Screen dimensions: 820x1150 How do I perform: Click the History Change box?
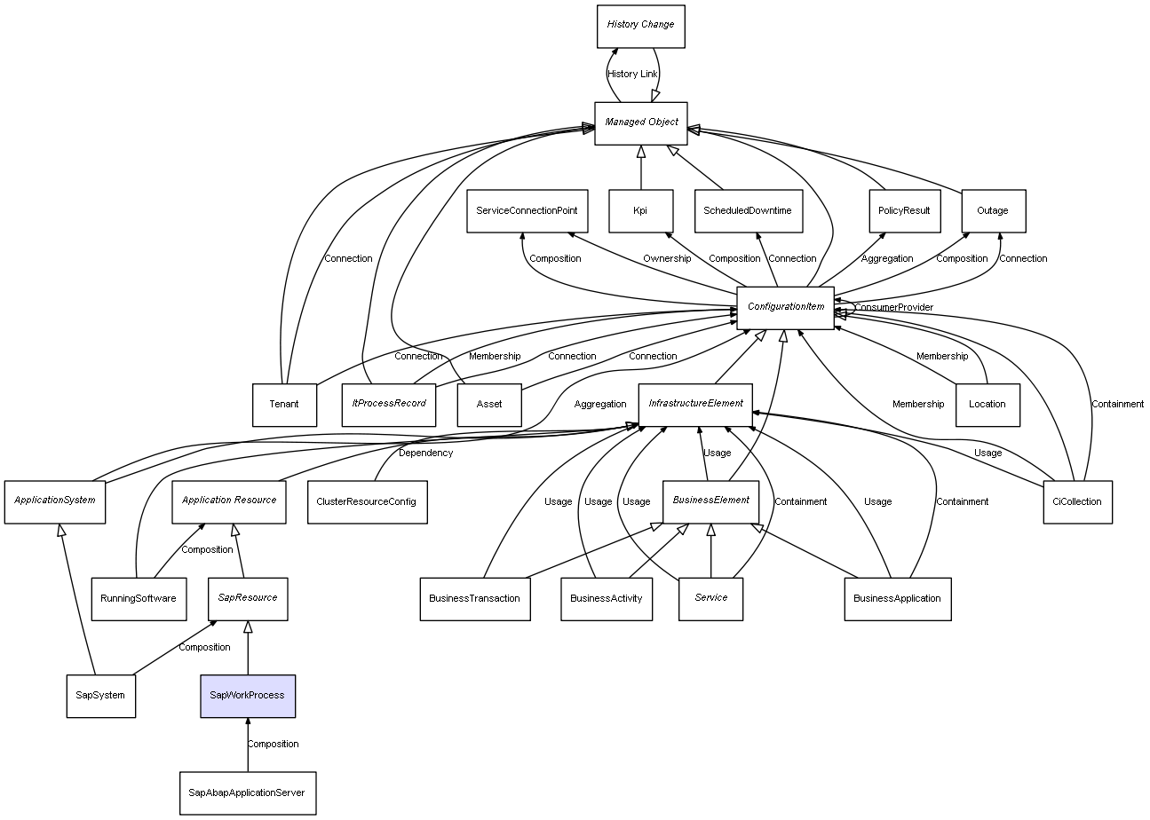(x=641, y=25)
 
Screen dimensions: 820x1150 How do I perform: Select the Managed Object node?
(x=641, y=122)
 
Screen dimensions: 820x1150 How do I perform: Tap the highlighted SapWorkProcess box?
(x=247, y=696)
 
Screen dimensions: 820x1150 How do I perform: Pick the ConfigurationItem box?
(x=785, y=307)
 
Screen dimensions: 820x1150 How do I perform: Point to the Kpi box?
(x=640, y=211)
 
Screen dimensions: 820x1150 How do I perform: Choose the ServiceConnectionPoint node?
(x=527, y=211)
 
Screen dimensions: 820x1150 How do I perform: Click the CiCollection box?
(x=1076, y=501)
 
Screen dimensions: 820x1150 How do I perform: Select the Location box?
(x=987, y=405)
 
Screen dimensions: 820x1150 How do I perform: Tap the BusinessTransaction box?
(x=474, y=599)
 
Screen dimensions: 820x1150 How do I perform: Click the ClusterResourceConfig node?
(x=366, y=501)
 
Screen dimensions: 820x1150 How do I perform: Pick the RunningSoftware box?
(x=139, y=599)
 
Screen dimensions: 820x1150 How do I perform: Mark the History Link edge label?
(x=632, y=75)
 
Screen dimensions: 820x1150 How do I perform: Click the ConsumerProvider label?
(x=894, y=307)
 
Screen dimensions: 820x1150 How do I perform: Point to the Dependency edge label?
(x=425, y=453)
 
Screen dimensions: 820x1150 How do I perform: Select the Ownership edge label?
(x=666, y=259)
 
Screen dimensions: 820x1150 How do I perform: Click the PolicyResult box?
(x=903, y=211)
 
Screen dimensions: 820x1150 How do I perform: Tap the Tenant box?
(x=284, y=405)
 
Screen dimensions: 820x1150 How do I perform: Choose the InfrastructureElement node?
(x=695, y=404)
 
